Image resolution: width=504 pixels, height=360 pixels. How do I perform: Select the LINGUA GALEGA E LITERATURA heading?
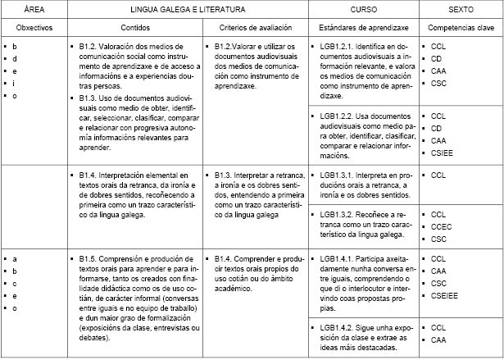tap(186, 8)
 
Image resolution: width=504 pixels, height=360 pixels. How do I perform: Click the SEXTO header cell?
tap(461, 8)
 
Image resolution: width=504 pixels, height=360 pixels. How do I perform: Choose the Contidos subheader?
tap(134, 28)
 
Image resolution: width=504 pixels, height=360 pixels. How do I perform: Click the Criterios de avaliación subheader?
tap(255, 28)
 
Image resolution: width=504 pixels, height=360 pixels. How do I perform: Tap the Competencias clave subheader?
tap(461, 28)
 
